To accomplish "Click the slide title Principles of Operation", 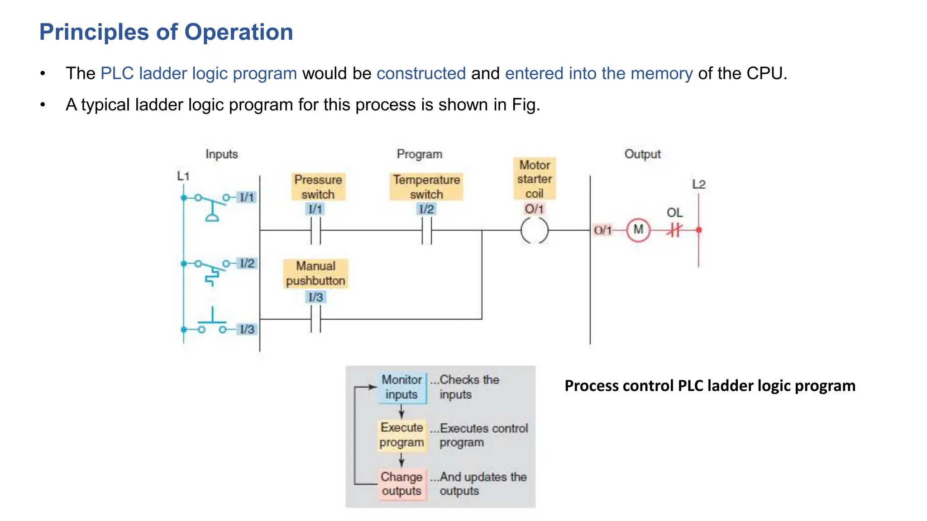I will pyautogui.click(x=166, y=32).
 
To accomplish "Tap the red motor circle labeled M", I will pyautogui.click(x=638, y=230).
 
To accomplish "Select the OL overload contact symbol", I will pyautogui.click(x=674, y=230).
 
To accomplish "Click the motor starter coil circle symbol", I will pyautogui.click(x=534, y=230).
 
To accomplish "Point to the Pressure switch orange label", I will pyautogui.click(x=318, y=186).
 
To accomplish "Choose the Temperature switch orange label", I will pyautogui.click(x=426, y=186).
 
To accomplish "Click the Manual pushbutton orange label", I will pyautogui.click(x=315, y=273).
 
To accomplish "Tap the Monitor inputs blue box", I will pyautogui.click(x=402, y=387).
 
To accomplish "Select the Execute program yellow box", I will pyautogui.click(x=402, y=435).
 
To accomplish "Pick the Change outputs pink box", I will pyautogui.click(x=402, y=484).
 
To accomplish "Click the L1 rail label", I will pyautogui.click(x=183, y=176).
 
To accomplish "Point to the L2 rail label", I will pyautogui.click(x=699, y=185).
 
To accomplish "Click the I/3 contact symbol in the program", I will pyautogui.click(x=315, y=319).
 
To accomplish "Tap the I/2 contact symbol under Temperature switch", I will pyautogui.click(x=426, y=230).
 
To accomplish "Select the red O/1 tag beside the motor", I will pyautogui.click(x=602, y=230).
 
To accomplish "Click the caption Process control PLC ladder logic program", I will pyautogui.click(x=710, y=386).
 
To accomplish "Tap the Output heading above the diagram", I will pyautogui.click(x=642, y=154).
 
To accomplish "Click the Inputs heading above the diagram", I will pyautogui.click(x=221, y=154).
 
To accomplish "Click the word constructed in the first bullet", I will pyautogui.click(x=421, y=73).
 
